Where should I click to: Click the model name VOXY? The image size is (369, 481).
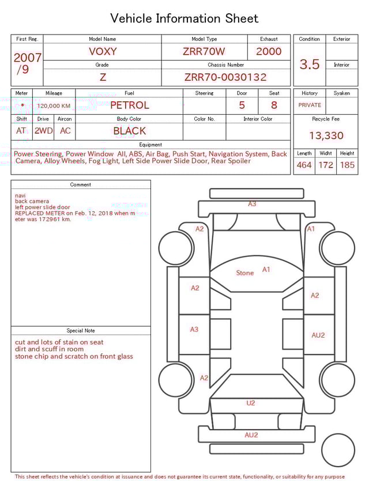click(103, 51)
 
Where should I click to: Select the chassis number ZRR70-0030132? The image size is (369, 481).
click(225, 77)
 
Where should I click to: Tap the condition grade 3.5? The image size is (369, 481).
click(310, 65)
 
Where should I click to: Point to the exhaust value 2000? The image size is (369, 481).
click(269, 51)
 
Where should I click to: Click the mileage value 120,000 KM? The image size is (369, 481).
click(54, 106)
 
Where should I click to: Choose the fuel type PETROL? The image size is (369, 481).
click(129, 105)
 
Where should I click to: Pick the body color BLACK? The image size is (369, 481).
click(129, 131)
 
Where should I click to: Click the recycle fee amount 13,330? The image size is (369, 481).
click(326, 136)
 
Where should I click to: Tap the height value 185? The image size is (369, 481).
click(347, 165)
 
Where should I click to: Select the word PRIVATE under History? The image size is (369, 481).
click(310, 105)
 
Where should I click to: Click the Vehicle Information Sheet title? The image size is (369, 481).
click(184, 18)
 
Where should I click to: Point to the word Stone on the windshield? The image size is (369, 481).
click(245, 273)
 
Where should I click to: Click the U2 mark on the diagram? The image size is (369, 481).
click(250, 403)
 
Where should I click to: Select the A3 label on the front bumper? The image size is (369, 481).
click(252, 204)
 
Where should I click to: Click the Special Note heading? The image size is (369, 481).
click(81, 331)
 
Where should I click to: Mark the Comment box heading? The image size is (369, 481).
click(81, 185)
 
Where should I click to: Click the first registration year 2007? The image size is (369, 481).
click(27, 58)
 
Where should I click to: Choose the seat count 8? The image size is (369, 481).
click(274, 105)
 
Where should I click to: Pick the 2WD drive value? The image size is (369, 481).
click(43, 131)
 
